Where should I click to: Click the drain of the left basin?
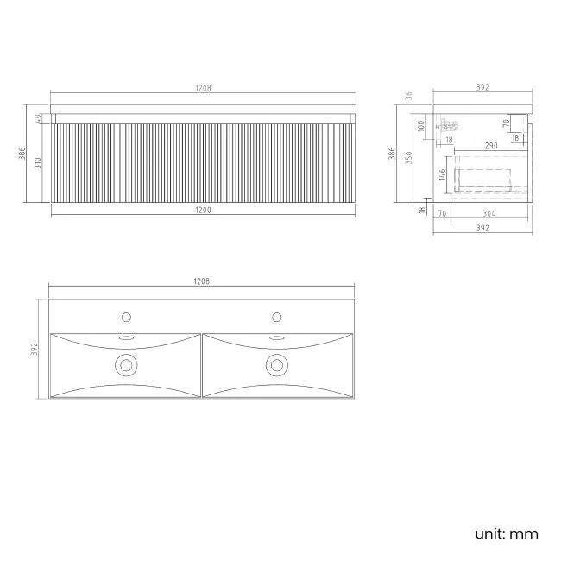point(126,365)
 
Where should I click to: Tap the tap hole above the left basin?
point(126,316)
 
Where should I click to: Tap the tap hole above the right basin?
point(278,316)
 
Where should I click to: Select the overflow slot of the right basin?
point(278,337)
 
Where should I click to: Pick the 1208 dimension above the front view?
point(204,88)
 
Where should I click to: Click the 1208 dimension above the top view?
point(202,281)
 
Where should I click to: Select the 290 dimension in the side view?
point(490,146)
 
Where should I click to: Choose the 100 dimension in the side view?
point(422,126)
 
